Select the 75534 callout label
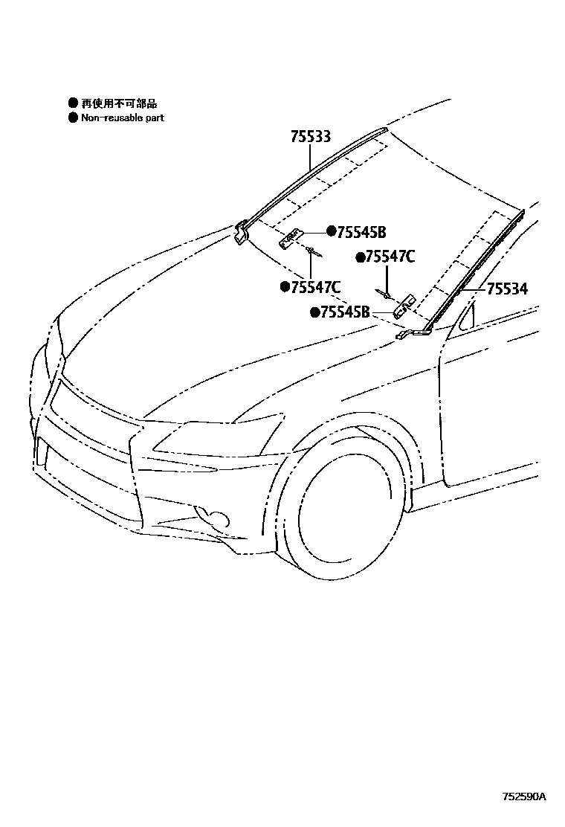(507, 289)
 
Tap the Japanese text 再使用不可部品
(119, 103)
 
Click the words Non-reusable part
(122, 118)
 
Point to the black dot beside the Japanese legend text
(73, 103)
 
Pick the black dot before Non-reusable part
(73, 118)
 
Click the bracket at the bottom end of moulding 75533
(242, 232)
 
